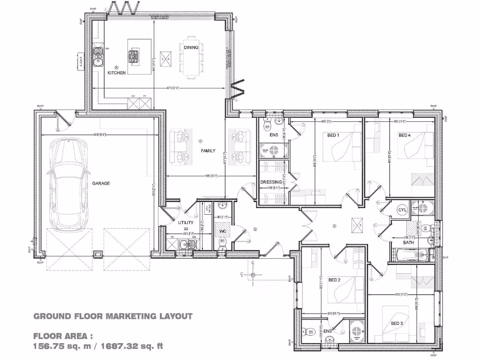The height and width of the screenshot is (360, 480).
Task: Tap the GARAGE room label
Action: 101,183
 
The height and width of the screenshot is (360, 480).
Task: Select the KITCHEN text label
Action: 116,73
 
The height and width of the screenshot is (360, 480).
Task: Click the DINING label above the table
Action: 191,47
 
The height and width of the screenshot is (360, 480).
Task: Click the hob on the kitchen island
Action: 134,56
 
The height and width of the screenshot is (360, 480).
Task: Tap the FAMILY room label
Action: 208,151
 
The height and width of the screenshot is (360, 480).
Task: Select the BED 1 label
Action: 333,135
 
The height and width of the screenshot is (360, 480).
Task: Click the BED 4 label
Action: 405,135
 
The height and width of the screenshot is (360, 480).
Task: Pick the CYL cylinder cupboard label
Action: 402,210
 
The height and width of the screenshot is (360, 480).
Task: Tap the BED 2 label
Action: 334,280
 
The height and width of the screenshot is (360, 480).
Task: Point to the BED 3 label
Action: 397,323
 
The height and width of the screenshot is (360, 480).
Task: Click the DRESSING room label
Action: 271,182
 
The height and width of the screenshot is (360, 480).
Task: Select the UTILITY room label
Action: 186,223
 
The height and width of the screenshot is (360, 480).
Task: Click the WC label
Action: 223,232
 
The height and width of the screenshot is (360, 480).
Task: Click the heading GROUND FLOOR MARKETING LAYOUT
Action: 113,316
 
